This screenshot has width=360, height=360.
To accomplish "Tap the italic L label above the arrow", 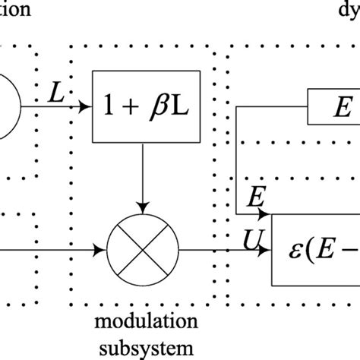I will (56, 95).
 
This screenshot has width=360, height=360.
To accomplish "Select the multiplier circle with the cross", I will (142, 248).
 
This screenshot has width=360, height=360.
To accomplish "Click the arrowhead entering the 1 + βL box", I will (86, 107).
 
